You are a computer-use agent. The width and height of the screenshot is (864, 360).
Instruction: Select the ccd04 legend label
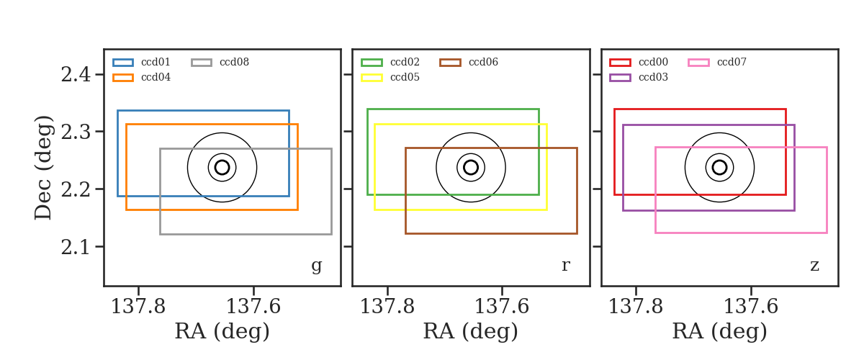click(x=156, y=77)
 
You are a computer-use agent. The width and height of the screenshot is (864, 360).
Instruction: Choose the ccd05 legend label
click(x=405, y=77)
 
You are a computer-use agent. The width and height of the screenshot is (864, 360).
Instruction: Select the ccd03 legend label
click(x=654, y=77)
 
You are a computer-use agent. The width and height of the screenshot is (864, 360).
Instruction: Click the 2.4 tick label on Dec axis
click(x=76, y=74)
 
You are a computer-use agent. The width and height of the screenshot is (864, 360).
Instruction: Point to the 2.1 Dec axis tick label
click(x=76, y=247)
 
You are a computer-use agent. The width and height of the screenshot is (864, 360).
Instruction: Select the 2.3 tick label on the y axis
click(x=76, y=132)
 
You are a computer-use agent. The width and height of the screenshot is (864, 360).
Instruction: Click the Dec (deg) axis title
click(x=43, y=168)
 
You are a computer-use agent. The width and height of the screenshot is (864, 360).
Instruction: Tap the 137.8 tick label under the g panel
click(x=138, y=307)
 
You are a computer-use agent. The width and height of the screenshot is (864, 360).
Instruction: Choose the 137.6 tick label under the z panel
click(x=750, y=307)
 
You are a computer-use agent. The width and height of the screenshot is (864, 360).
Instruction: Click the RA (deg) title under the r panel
click(x=471, y=332)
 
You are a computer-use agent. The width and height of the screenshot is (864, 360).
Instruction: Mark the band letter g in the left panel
click(x=316, y=266)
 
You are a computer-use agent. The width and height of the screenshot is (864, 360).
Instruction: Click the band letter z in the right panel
click(x=814, y=266)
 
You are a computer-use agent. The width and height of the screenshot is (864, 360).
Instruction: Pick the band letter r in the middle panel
click(x=565, y=266)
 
